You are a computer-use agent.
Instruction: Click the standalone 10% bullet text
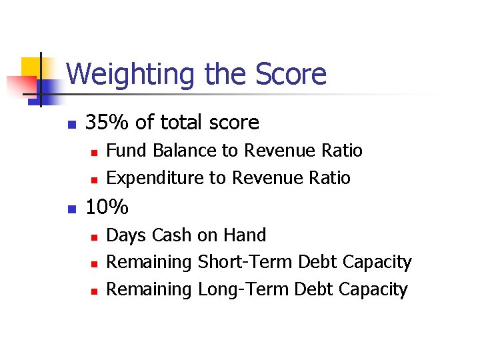(x=107, y=207)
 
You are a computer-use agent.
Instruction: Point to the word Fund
(x=127, y=151)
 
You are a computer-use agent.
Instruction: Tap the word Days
(x=127, y=235)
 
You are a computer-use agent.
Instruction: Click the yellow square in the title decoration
(x=31, y=67)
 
